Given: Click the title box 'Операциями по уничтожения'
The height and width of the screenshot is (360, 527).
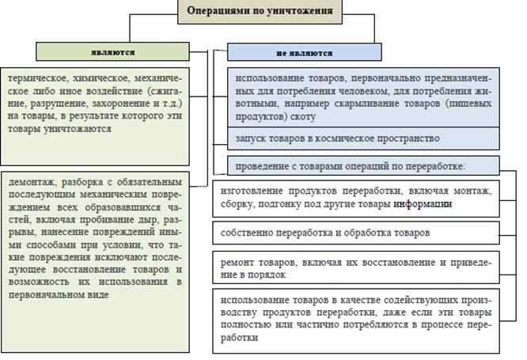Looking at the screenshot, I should tap(264, 12).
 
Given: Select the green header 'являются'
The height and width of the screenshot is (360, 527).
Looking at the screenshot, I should tap(112, 52).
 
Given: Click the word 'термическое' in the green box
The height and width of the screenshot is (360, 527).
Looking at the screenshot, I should tap(37, 80).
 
